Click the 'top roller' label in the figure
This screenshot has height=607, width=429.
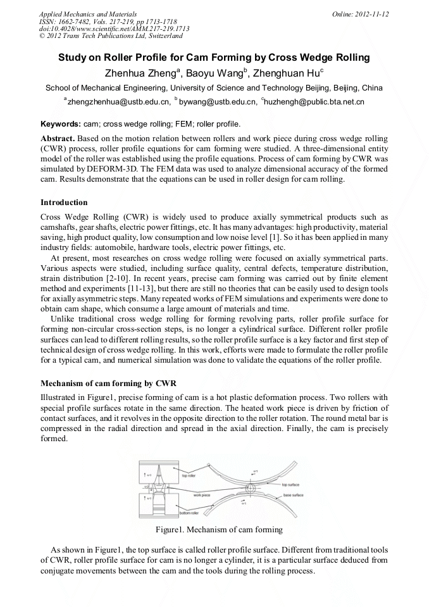188,475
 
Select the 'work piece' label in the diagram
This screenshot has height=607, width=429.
202,495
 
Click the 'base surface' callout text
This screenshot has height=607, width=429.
292,495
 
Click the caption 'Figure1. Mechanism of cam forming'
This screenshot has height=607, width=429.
214,530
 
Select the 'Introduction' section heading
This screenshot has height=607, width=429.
64,203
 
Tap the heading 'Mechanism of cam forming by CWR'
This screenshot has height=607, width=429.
108,384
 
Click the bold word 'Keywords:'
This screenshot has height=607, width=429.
60,123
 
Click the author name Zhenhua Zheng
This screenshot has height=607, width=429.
142,73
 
